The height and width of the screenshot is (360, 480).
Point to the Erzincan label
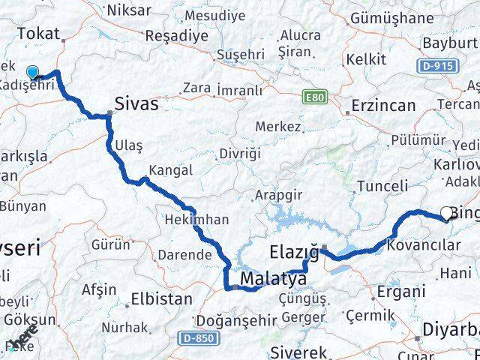coord(382,105)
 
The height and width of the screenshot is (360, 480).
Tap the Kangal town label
coord(170,170)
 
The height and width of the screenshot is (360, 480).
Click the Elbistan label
coord(161,298)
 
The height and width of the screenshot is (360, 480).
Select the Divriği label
coord(240,154)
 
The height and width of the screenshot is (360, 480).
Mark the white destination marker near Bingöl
coord(448,214)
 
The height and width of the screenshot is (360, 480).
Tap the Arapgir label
coord(277,195)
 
